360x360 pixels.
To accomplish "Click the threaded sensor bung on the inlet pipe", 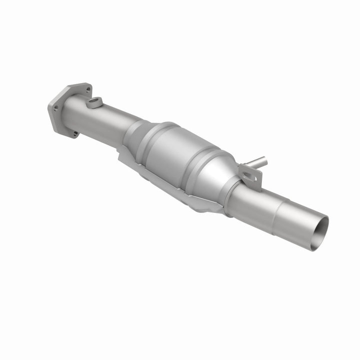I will [x=93, y=103].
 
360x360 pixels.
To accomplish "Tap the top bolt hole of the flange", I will [x=88, y=91].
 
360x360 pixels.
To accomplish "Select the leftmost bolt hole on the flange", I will [x=55, y=107].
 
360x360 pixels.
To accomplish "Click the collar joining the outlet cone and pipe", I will [x=230, y=197].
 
